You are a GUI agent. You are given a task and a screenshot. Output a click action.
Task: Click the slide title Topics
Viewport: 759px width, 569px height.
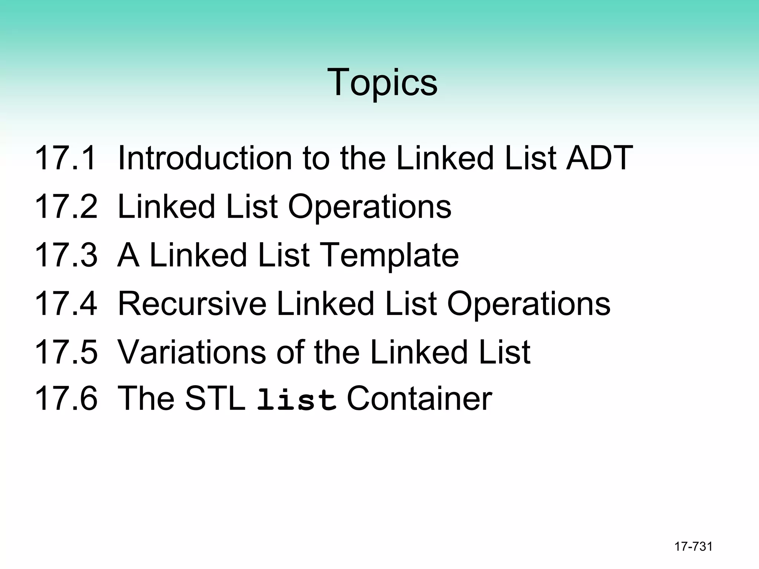coord(382,82)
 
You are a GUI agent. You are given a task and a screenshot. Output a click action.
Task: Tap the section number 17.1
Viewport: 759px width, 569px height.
coord(66,158)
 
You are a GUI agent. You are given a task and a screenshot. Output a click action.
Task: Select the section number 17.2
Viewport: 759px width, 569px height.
coord(66,207)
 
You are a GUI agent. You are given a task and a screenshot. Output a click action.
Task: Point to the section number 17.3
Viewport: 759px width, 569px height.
coord(66,255)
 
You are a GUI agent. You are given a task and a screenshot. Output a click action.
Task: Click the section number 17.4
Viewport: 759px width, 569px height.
coord(66,304)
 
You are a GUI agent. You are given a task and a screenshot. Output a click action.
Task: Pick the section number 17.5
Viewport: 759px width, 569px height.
coord(66,352)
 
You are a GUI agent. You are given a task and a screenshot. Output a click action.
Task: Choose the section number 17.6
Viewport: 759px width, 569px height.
coord(66,399)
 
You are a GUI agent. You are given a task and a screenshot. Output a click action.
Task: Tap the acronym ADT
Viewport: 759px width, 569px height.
coord(599,158)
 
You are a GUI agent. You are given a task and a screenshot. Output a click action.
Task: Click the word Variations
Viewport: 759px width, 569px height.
coord(192,352)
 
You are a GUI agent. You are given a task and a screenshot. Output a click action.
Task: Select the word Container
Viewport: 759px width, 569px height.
coord(419,399)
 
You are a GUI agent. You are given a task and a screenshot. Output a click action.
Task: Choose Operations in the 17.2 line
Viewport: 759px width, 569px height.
coord(370,207)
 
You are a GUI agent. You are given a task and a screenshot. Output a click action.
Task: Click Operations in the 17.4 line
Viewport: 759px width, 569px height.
coord(529,304)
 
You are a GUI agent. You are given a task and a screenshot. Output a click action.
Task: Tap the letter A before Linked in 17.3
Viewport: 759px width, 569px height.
coord(129,255)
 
